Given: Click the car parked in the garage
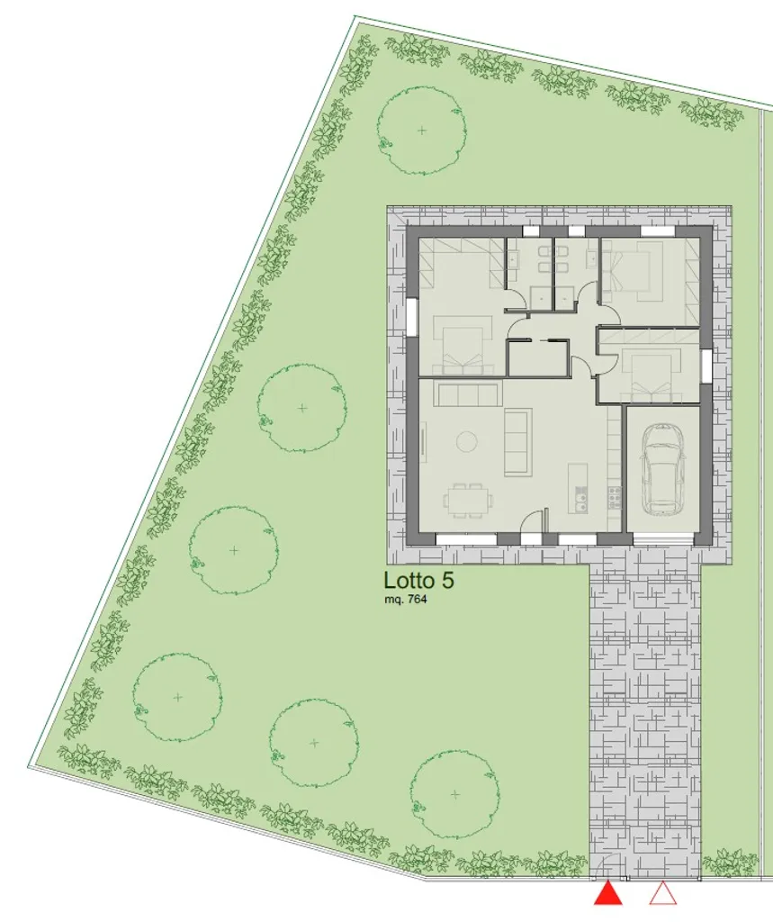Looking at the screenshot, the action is [x=662, y=468].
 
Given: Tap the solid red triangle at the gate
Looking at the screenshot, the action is [x=607, y=892].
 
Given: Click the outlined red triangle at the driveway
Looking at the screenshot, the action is [x=663, y=892].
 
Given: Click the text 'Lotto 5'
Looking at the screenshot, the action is [x=418, y=581].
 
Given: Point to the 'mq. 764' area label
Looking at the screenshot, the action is [x=405, y=601].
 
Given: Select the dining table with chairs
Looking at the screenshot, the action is [x=469, y=500].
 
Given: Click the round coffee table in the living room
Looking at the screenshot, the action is [x=468, y=441].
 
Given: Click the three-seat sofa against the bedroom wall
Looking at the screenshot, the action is [x=468, y=394].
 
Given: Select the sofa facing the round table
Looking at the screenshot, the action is [x=517, y=441].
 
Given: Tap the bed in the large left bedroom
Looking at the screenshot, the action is [x=462, y=345].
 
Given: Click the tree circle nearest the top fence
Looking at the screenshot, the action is [x=421, y=130].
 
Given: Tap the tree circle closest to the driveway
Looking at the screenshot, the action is [x=455, y=794].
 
